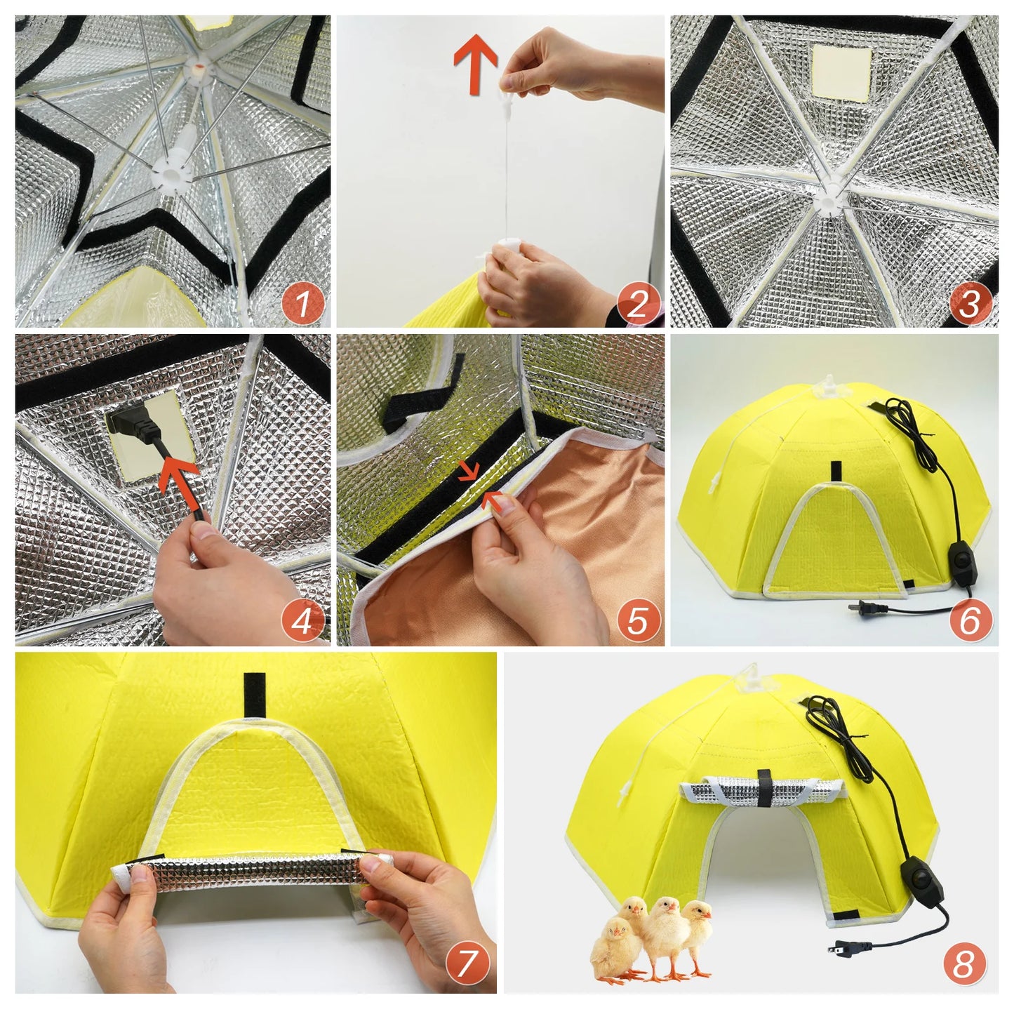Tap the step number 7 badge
468,963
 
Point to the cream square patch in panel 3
841,72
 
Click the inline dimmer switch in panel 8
920,882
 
